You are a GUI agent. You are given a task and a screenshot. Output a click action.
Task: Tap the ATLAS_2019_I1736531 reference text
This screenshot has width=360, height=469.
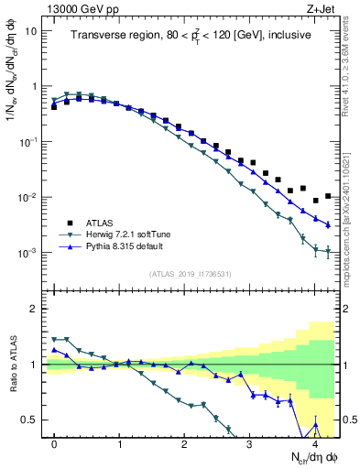point(191,274)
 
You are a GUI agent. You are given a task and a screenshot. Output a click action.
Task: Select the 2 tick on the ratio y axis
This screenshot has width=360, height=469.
point(35,309)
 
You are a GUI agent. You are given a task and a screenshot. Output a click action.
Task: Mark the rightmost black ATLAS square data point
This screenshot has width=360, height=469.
point(328,196)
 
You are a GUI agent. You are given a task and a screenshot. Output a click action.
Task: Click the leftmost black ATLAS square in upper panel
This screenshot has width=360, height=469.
point(54,106)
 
